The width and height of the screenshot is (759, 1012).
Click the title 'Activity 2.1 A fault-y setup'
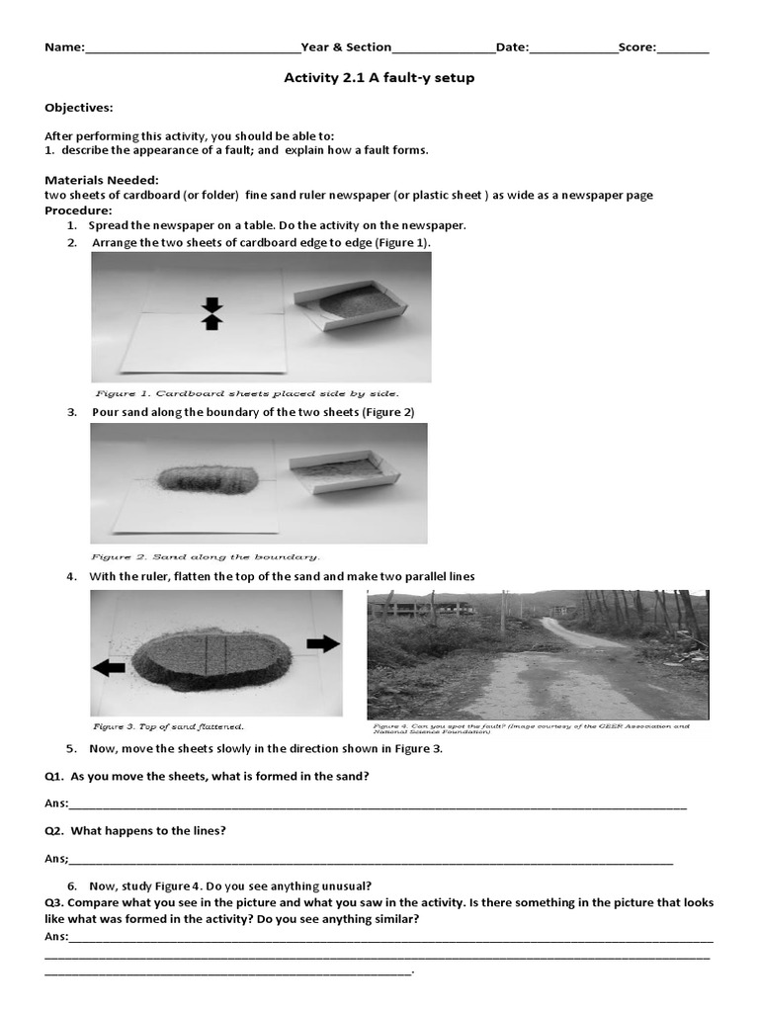tap(379, 78)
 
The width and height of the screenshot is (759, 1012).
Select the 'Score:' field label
tap(639, 47)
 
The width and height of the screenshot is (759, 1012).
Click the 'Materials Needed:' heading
tap(102, 180)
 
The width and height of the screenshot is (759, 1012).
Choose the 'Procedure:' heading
tap(78, 211)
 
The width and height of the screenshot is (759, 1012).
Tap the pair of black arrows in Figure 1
tap(211, 313)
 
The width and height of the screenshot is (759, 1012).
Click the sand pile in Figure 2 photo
tap(208, 478)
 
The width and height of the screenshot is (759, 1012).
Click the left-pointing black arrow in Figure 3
tap(109, 668)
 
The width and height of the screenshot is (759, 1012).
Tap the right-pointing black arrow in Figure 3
tap(322, 643)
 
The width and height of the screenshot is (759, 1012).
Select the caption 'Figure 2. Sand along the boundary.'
tap(206, 556)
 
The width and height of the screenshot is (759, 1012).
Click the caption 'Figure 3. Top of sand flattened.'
tap(168, 726)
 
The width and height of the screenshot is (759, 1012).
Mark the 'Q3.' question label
tap(55, 903)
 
